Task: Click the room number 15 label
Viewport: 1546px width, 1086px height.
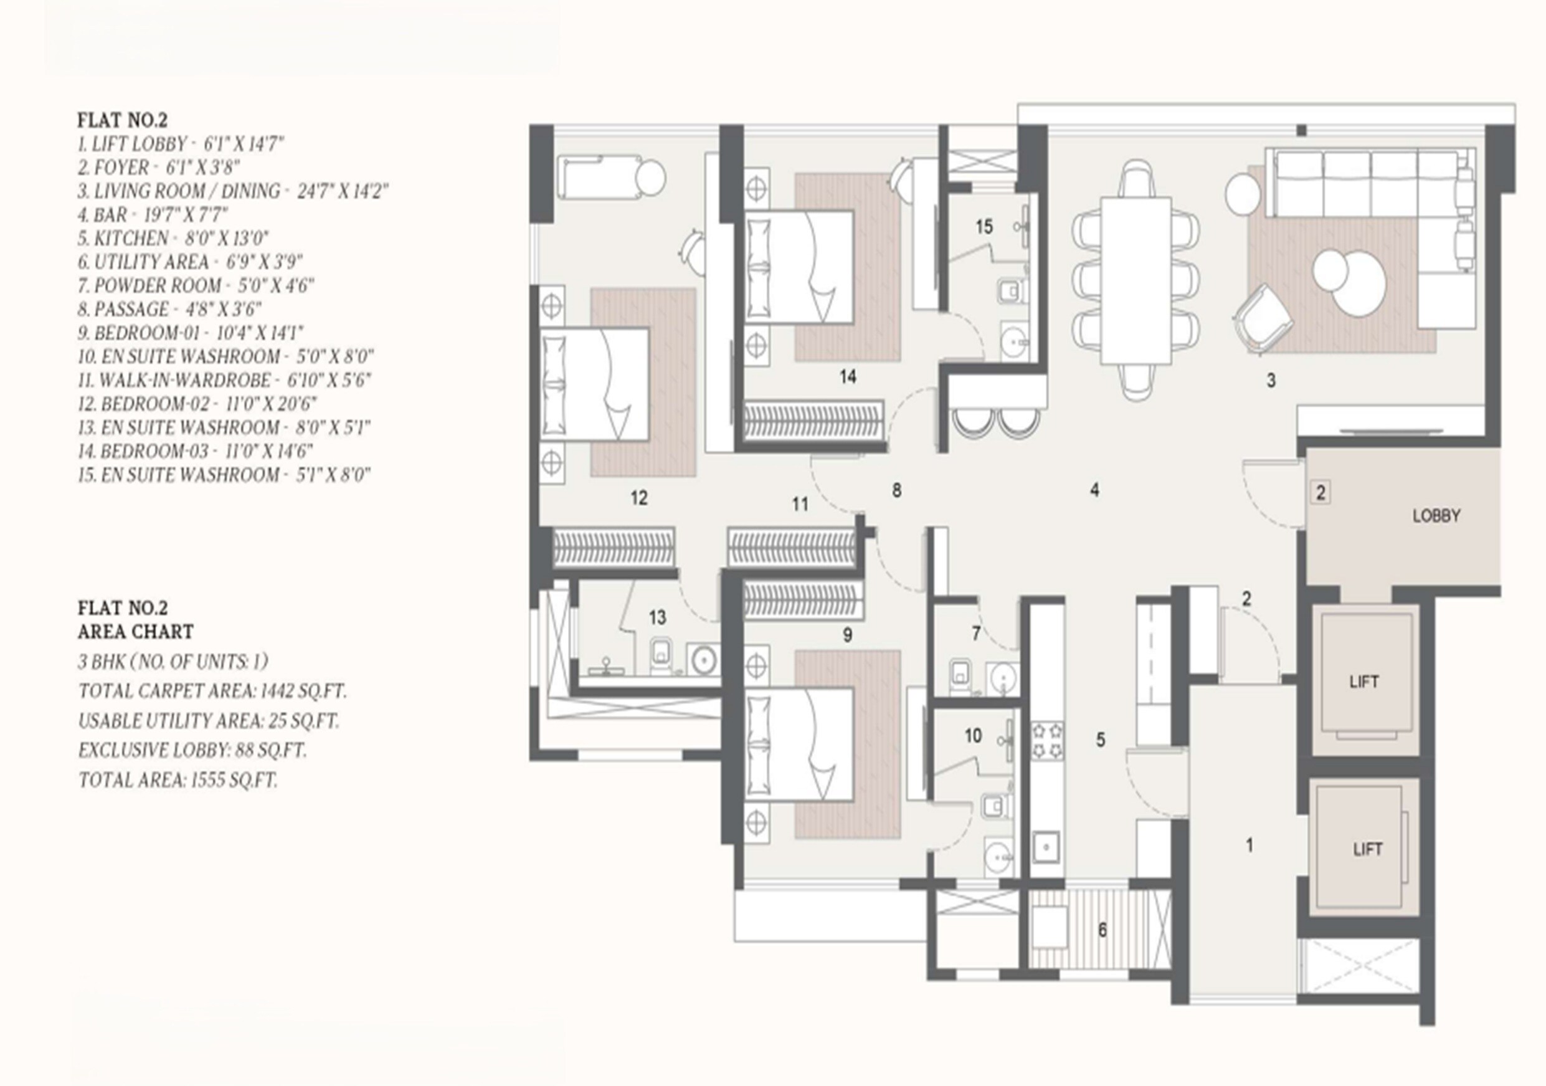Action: click(x=984, y=227)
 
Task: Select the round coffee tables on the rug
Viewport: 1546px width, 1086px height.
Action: click(x=1349, y=282)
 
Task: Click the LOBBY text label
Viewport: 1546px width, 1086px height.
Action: click(x=1436, y=516)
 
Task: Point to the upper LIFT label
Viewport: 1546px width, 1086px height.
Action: click(x=1363, y=682)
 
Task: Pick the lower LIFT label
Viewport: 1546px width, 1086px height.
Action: click(x=1367, y=849)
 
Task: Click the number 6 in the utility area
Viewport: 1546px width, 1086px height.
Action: click(x=1103, y=930)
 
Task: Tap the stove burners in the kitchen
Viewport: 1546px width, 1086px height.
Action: click(x=1047, y=740)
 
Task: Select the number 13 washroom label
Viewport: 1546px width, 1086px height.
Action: click(x=657, y=617)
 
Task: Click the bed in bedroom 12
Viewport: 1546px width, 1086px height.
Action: click(x=595, y=384)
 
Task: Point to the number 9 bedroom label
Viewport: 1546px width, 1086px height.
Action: click(x=847, y=635)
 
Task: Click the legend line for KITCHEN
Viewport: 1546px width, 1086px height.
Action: click(x=173, y=239)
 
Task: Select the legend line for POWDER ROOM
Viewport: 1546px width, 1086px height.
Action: click(x=195, y=285)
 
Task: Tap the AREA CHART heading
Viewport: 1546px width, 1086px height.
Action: click(x=135, y=632)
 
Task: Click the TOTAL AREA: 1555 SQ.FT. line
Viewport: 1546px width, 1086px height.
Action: click(x=178, y=780)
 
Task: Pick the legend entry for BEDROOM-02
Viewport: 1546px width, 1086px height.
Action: click(x=197, y=404)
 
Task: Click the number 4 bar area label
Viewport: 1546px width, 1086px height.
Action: click(x=1095, y=490)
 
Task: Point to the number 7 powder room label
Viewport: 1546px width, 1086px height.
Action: click(x=975, y=632)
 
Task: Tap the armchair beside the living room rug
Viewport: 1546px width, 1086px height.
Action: click(x=1263, y=317)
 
